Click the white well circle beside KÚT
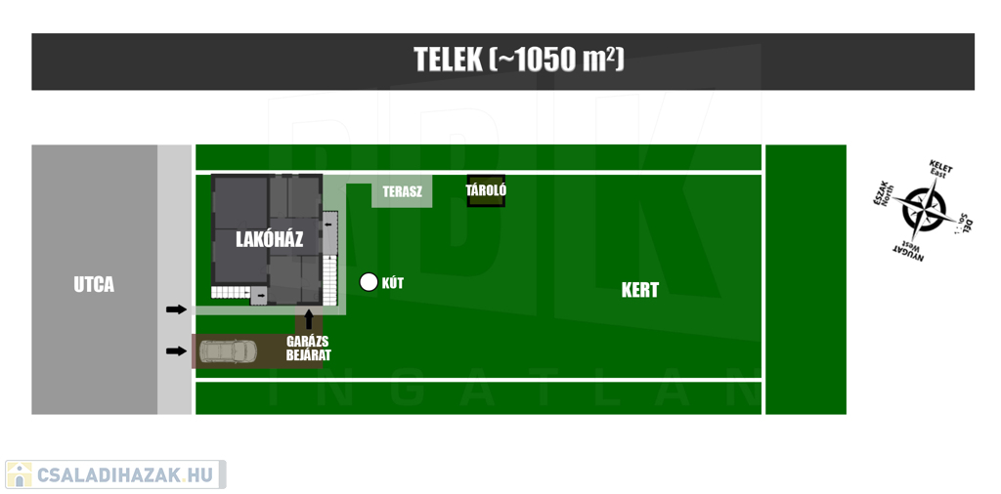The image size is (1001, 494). (x=369, y=282)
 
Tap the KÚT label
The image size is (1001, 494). (x=393, y=284)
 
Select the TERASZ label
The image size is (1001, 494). (x=402, y=191)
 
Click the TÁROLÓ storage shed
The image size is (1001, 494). (x=486, y=190)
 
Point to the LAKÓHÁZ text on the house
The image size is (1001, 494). (x=270, y=239)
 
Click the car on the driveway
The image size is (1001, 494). (x=229, y=350)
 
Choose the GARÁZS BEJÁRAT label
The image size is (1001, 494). (x=308, y=348)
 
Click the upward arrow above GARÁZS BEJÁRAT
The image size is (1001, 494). (x=309, y=319)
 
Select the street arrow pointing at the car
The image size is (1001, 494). (x=176, y=350)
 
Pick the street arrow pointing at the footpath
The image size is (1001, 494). (x=176, y=309)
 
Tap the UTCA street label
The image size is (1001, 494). (x=94, y=285)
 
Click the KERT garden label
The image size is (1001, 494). (x=639, y=291)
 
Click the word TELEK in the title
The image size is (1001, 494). (x=448, y=61)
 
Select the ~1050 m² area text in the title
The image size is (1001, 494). (x=556, y=61)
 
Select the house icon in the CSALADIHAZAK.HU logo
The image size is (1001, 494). (x=20, y=474)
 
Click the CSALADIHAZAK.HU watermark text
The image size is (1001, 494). (x=125, y=474)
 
